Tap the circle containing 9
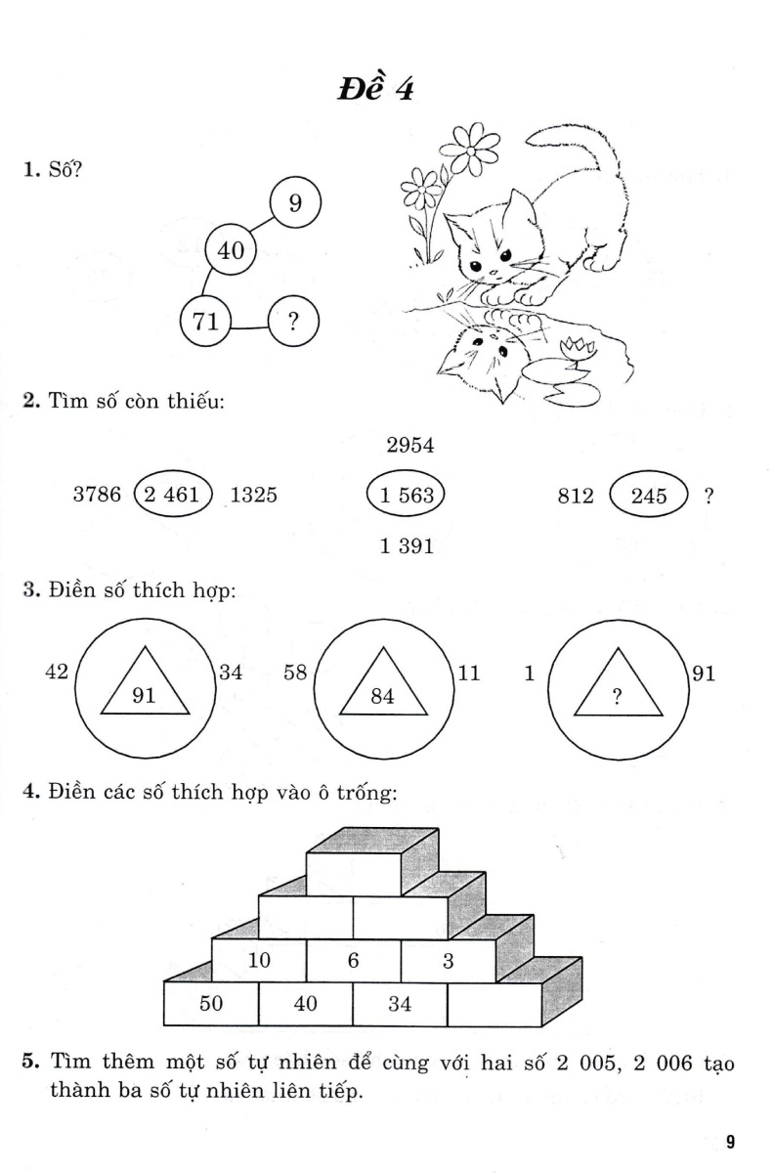(x=295, y=202)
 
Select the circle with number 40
(x=231, y=250)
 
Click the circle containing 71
(x=206, y=321)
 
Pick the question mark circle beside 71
(x=293, y=322)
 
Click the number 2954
(x=410, y=446)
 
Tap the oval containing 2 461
(x=172, y=495)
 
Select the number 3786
(x=97, y=495)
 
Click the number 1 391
(x=407, y=546)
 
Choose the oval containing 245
(x=648, y=496)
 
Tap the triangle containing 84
(x=384, y=684)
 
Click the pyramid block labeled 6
(x=354, y=961)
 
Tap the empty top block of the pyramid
(x=354, y=873)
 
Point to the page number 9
(x=730, y=1141)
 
